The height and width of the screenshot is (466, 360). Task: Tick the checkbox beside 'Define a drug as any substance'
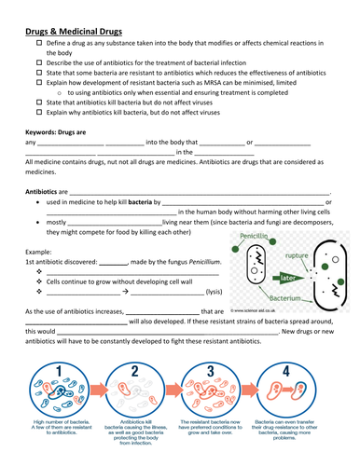(x=38, y=44)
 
